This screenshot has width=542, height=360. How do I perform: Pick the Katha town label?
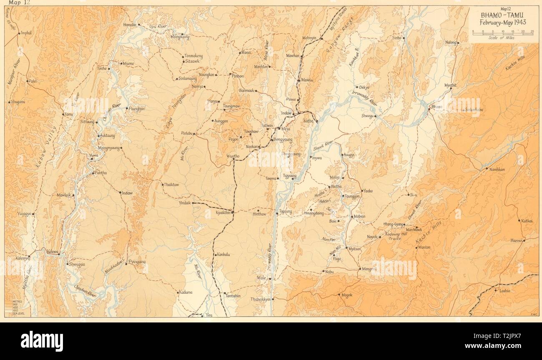click(309, 121)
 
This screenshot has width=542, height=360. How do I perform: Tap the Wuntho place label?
click(233, 156)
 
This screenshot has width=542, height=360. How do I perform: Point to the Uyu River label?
click(158, 27)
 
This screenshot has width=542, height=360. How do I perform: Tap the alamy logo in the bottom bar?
click(42, 341)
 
